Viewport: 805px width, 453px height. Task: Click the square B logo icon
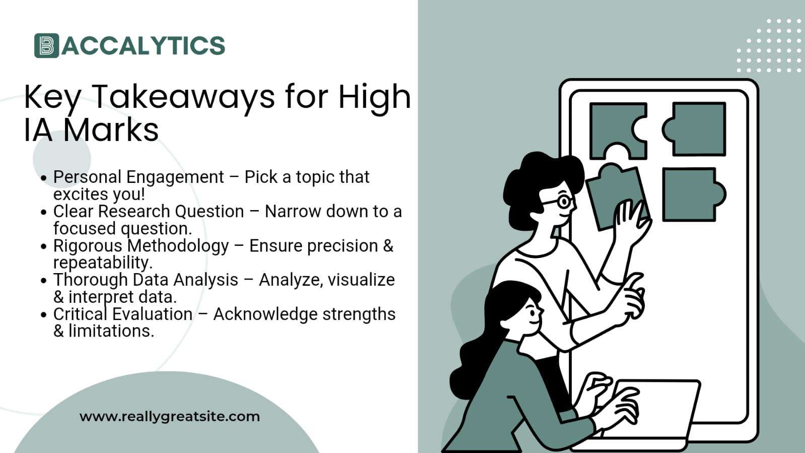tap(46, 45)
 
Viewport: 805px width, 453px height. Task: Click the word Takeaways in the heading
tap(183, 96)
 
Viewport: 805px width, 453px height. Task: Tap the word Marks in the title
tap(111, 130)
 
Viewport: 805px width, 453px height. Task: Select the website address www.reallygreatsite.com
tap(170, 417)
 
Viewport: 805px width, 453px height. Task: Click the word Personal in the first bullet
tap(87, 177)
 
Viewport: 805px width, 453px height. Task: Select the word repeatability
tap(102, 262)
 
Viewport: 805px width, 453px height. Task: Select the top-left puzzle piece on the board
tap(616, 128)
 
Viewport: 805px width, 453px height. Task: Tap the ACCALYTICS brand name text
tap(143, 45)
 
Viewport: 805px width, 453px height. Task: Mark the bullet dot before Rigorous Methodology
tap(44, 246)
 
